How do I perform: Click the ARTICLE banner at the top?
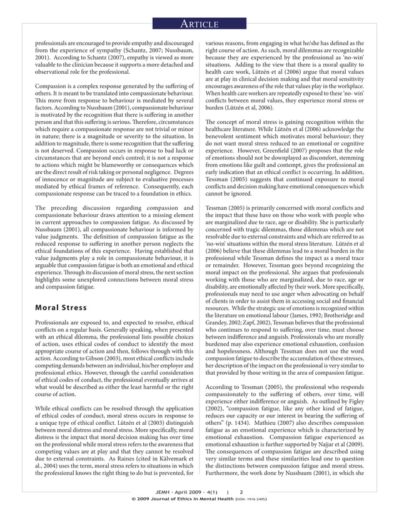click(x=199, y=24)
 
